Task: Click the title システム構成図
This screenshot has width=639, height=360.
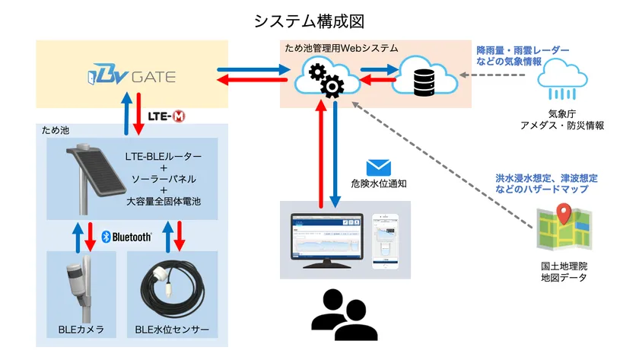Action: pos(309,21)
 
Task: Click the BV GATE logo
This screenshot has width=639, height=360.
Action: pos(132,75)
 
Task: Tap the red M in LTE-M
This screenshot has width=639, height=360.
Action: pos(179,116)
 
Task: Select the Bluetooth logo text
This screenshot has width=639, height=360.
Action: pos(127,237)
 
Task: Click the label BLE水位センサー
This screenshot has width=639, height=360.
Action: pos(172,330)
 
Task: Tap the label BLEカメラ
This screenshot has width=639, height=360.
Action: pos(81,330)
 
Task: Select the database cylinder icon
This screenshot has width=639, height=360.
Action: pos(424,82)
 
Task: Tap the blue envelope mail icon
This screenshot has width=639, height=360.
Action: pos(379,167)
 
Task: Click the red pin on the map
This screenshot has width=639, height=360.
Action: pos(564,213)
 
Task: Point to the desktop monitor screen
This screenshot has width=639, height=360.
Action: pos(327,237)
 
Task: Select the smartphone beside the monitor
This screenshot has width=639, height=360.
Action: pos(385,241)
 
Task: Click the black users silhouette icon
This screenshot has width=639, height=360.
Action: pos(345,315)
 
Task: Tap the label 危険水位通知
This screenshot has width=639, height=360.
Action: pos(379,183)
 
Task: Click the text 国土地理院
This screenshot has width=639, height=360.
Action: pos(564,266)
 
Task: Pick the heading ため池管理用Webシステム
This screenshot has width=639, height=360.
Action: pos(342,48)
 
